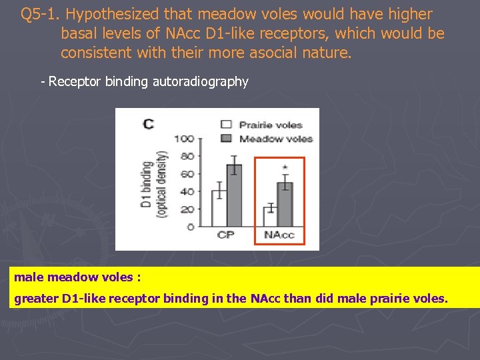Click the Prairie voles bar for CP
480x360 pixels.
(x=219, y=209)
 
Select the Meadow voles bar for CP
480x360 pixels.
(x=234, y=195)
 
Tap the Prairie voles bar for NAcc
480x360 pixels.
(x=271, y=217)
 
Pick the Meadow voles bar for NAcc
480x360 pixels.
(x=285, y=205)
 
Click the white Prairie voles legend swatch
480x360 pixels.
(x=227, y=124)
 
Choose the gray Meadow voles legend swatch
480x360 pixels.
(x=227, y=138)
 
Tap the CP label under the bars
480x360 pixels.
(x=226, y=235)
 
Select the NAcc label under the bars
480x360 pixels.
(x=279, y=235)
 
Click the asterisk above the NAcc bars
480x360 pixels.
(x=285, y=167)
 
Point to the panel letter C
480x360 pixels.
(x=148, y=123)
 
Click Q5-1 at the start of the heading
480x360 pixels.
(x=41, y=14)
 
